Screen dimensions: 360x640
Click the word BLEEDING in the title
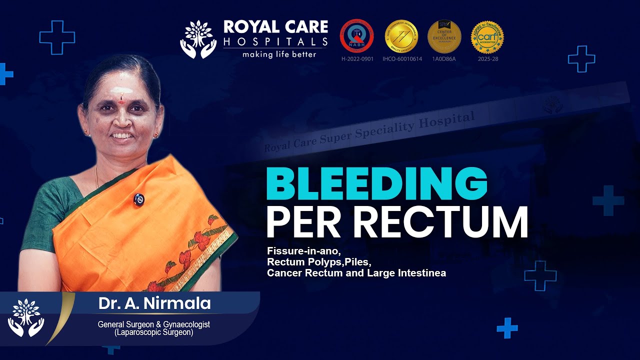(x=376, y=184)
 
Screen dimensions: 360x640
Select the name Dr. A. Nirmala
(x=154, y=303)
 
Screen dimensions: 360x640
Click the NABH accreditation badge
(x=357, y=36)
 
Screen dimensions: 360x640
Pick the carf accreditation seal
(x=487, y=36)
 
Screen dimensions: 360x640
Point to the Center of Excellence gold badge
(x=444, y=36)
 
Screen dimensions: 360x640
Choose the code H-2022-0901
(x=357, y=59)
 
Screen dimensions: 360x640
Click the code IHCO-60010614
(x=402, y=59)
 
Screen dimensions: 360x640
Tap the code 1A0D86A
(x=444, y=59)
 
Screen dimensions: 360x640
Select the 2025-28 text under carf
(x=487, y=59)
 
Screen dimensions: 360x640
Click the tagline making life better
(x=279, y=54)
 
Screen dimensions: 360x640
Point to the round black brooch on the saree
(x=138, y=199)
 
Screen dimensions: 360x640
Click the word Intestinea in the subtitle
(x=422, y=273)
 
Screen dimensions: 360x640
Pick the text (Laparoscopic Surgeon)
(x=154, y=332)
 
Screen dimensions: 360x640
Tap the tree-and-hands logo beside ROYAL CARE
(x=198, y=39)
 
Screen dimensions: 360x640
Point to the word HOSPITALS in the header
(x=275, y=41)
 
